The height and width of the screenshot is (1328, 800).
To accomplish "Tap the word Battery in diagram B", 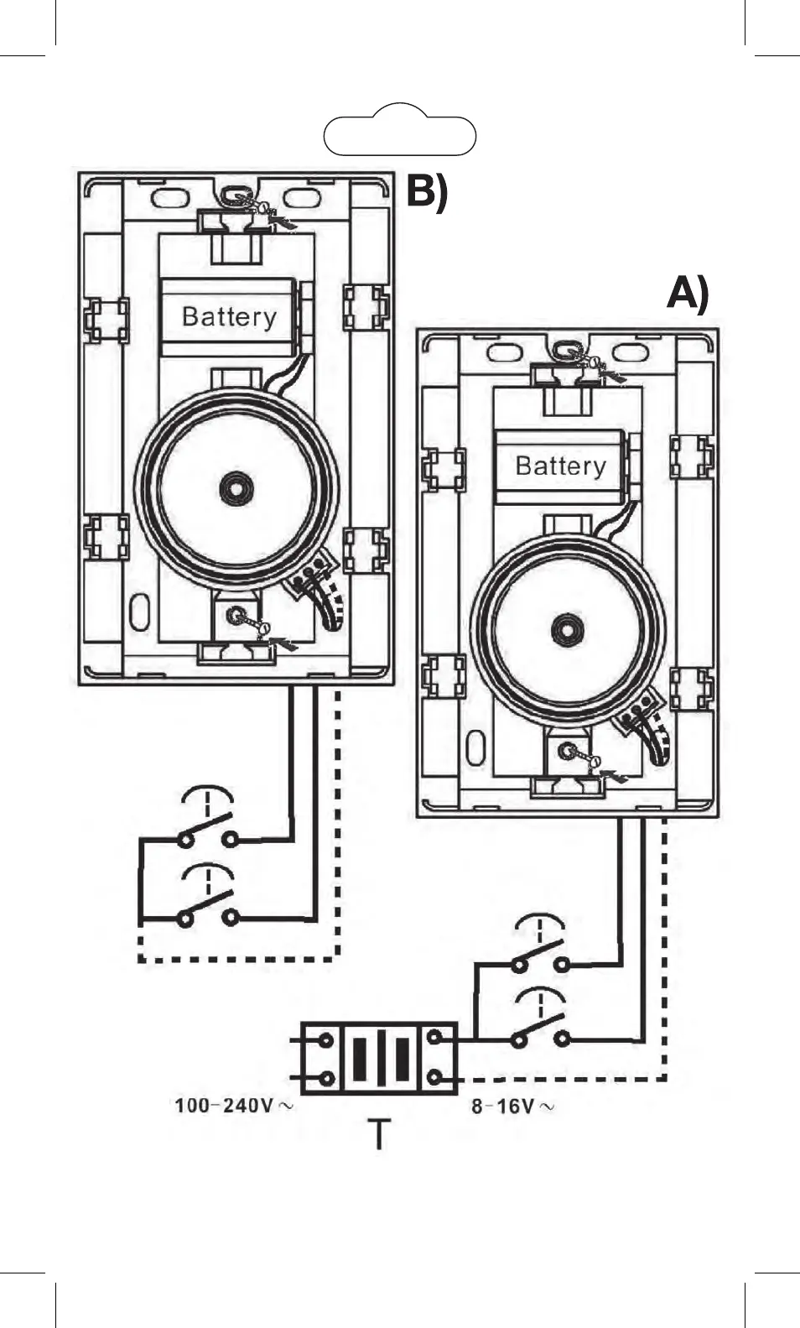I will tap(228, 317).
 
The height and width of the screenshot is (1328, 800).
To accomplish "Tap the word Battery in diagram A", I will tap(560, 466).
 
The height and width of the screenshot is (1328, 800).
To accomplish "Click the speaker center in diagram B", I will tap(236, 487).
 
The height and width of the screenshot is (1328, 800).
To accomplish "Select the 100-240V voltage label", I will tap(233, 1106).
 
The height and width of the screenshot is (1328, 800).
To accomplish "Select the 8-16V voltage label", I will tap(512, 1107).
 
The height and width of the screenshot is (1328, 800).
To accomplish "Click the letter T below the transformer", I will tap(380, 1134).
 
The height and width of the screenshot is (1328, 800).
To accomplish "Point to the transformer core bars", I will tap(381, 1059).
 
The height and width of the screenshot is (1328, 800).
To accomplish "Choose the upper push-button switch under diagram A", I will tap(540, 954).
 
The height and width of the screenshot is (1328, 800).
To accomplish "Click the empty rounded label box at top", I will tap(399, 135).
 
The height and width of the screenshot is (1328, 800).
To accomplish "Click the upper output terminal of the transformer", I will tap(434, 1039).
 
